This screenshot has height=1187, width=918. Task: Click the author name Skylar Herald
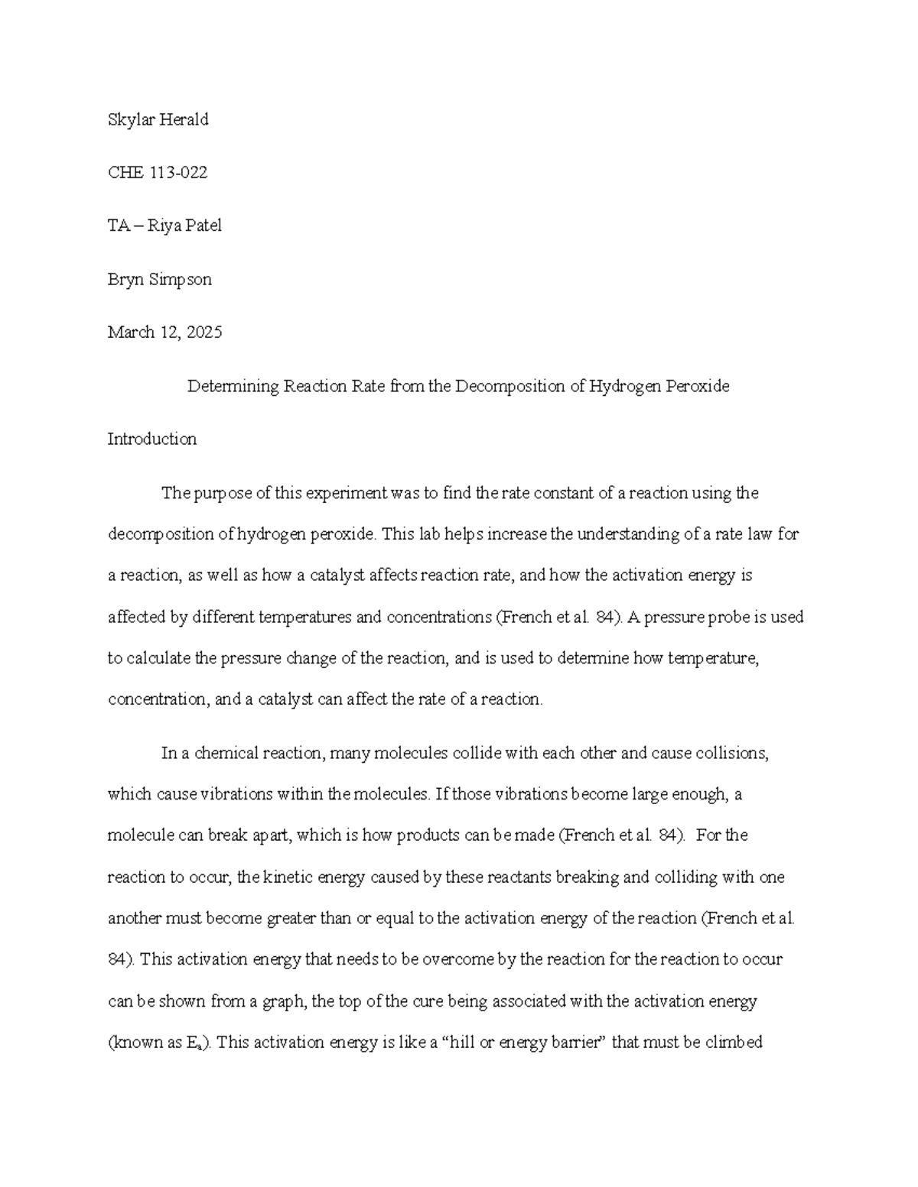click(158, 120)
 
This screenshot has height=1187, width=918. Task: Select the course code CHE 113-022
click(157, 174)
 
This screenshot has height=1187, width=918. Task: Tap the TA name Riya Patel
click(185, 226)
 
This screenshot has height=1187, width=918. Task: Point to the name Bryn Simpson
click(159, 280)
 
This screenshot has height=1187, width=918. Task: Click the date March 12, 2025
click(164, 333)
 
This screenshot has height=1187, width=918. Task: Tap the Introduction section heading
click(151, 439)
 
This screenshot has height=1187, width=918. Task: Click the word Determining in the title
click(233, 387)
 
